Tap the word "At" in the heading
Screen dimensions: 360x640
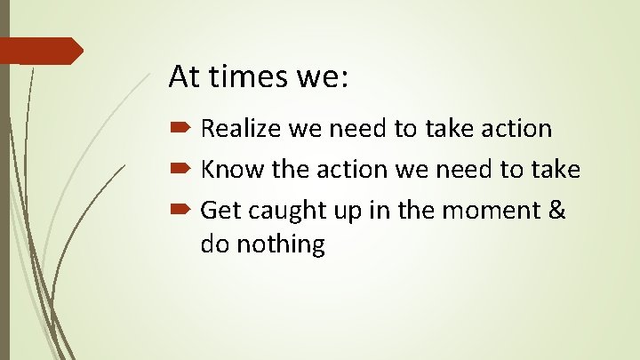(185, 76)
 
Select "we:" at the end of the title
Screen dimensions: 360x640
(326, 76)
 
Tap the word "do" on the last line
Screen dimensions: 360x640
(214, 243)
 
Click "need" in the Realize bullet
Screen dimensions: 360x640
(358, 129)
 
